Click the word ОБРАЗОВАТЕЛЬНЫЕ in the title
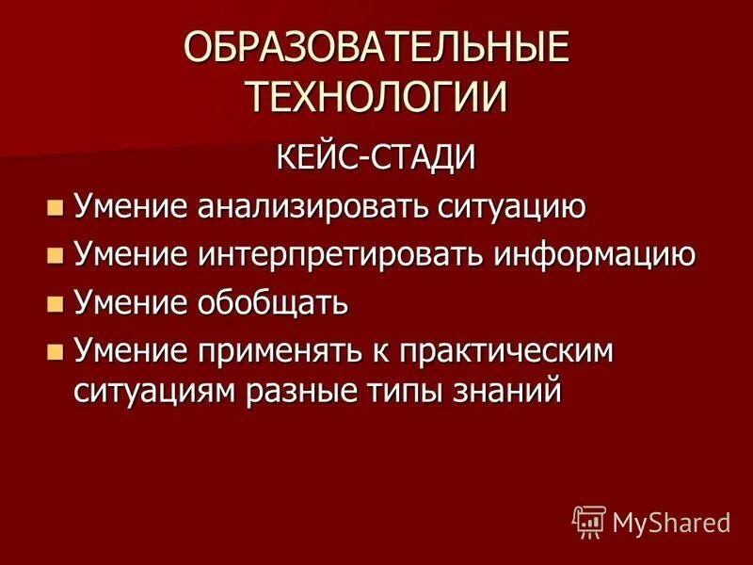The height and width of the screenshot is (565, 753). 376,50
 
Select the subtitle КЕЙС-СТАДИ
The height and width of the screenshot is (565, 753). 376,156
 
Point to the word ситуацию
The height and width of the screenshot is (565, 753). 512,206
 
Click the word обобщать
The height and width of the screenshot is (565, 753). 273,303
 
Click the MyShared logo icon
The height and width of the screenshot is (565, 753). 589,521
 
